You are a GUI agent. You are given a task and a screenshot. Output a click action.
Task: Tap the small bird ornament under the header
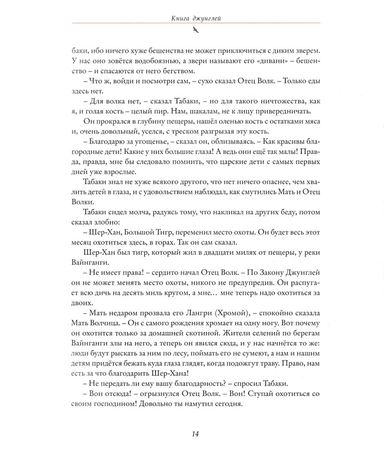[x=193, y=32]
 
